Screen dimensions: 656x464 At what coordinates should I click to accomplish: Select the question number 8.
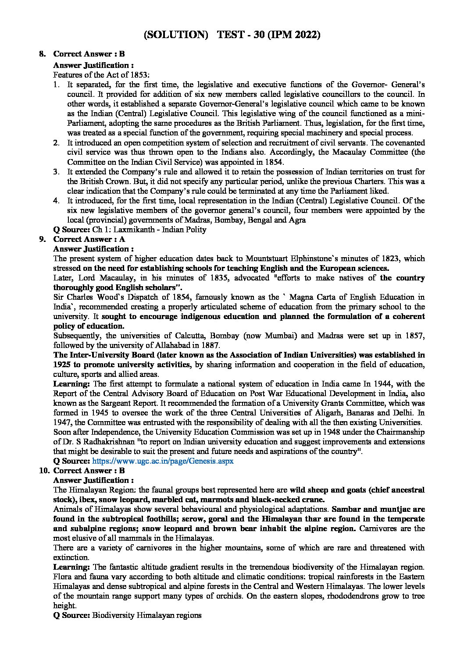(43, 54)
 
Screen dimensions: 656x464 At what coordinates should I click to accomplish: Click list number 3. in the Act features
(57, 172)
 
